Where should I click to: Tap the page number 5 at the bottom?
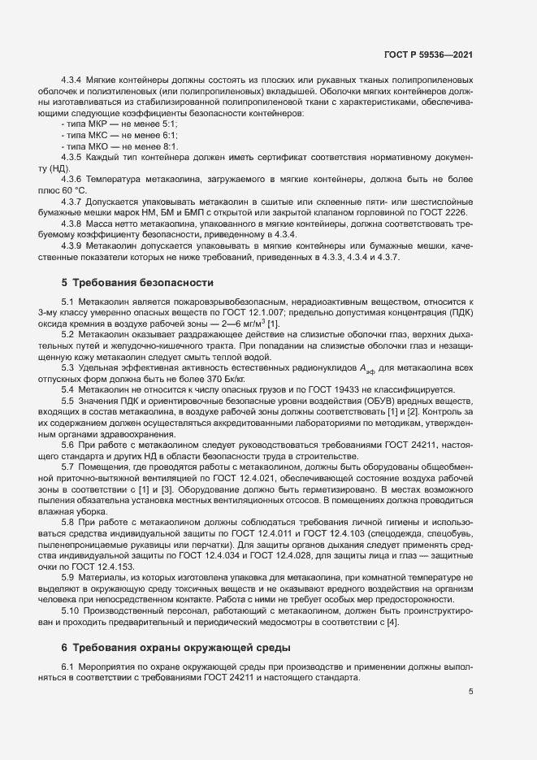[470, 693]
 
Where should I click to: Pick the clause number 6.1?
[68, 666]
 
